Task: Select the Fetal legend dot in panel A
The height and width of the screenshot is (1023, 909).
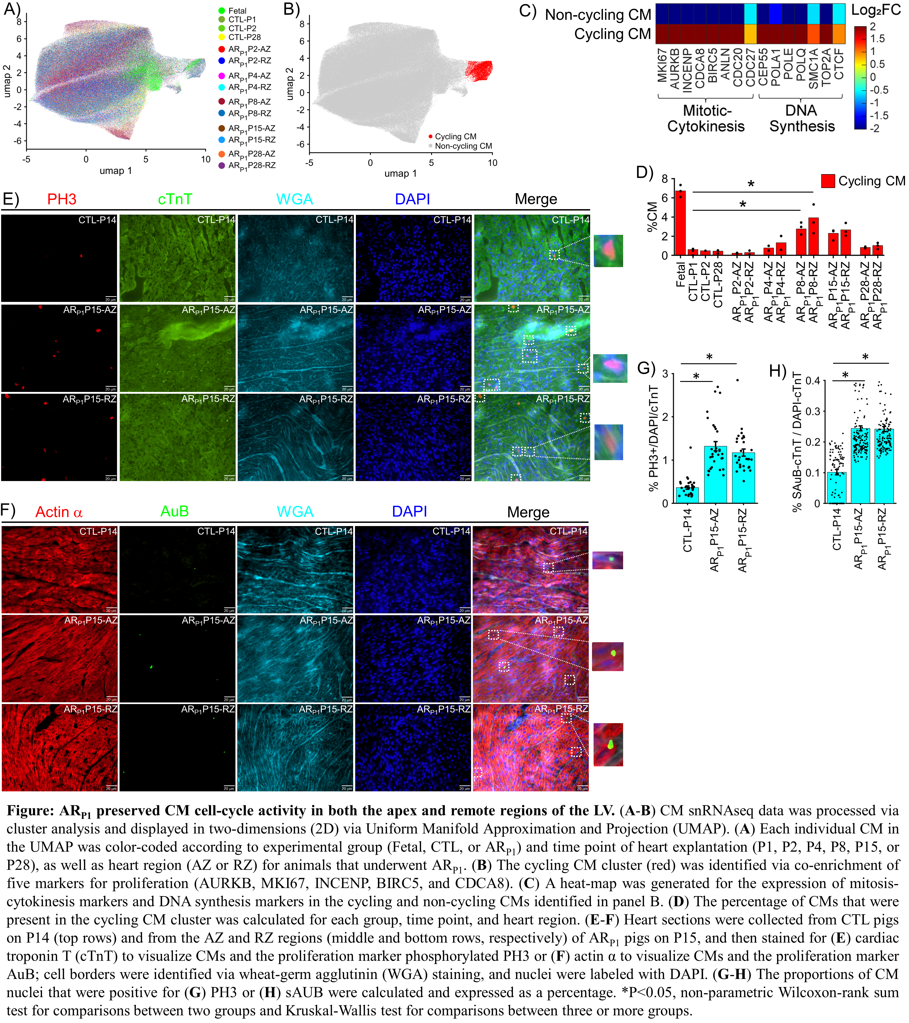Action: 222,10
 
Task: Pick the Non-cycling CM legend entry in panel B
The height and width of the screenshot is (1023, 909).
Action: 460,146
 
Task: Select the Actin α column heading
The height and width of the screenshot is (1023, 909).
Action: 59,512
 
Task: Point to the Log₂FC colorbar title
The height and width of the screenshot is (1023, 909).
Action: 876,11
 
